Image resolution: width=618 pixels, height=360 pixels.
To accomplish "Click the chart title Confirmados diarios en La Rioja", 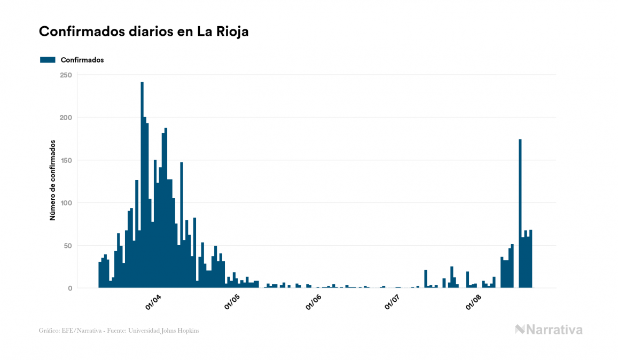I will [x=144, y=32].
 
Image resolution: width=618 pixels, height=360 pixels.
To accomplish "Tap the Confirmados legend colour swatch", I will [x=48, y=60].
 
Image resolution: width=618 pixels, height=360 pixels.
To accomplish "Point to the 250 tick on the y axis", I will [x=66, y=75].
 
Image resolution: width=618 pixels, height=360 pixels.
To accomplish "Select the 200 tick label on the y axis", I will [x=66, y=118].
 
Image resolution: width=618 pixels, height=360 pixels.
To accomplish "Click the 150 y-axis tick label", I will [x=66, y=160].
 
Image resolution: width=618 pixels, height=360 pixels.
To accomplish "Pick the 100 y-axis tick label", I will [x=66, y=203].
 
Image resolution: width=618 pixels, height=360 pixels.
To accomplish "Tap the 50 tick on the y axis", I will [x=68, y=246].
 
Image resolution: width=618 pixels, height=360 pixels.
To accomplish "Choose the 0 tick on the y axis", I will [x=69, y=288].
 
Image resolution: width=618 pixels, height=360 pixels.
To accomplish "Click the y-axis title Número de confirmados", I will [x=53, y=181].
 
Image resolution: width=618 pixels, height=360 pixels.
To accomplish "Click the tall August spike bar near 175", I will [x=520, y=214].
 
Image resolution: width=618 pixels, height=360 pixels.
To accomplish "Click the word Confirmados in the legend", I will [x=82, y=60].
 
